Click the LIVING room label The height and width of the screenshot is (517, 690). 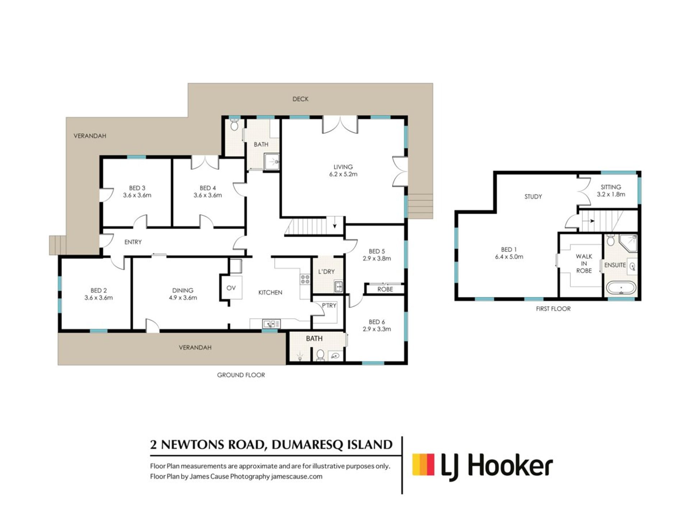343,167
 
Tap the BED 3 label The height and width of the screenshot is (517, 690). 137,188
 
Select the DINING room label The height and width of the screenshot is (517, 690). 183,290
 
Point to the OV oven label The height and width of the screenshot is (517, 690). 231,288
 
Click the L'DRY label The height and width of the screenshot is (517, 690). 326,272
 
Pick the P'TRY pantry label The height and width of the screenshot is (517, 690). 329,306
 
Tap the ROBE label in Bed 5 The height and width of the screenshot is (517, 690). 385,289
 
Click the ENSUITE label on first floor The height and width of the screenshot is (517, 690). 615,265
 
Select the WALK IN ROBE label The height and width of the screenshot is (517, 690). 584,264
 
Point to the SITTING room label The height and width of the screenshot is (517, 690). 611,187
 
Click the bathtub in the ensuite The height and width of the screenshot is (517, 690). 621,288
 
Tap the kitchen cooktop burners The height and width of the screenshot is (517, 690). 305,279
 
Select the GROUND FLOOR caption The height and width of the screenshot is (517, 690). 241,375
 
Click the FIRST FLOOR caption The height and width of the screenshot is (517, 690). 553,309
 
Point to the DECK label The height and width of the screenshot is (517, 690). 300,99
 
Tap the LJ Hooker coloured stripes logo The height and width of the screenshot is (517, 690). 424,465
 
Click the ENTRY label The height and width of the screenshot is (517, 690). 133,242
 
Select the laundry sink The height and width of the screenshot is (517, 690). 338,287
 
